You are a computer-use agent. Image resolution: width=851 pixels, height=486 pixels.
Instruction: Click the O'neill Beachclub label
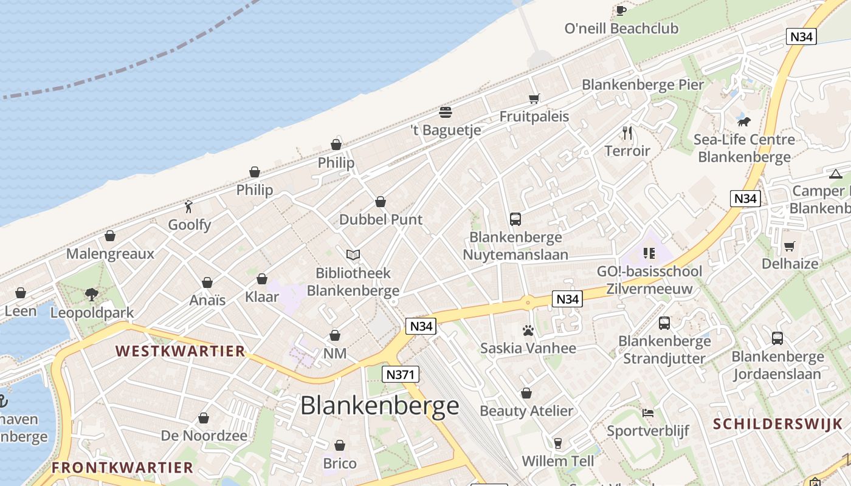click(x=621, y=29)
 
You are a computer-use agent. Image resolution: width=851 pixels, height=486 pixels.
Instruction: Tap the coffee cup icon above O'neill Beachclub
click(x=621, y=10)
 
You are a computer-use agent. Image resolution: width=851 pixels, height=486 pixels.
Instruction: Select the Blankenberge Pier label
click(x=643, y=84)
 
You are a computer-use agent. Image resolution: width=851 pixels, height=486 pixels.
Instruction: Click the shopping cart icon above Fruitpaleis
click(x=534, y=98)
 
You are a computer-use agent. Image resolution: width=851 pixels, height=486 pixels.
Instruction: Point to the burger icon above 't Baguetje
click(x=446, y=112)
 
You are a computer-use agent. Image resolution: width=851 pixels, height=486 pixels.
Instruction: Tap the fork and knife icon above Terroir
click(x=627, y=132)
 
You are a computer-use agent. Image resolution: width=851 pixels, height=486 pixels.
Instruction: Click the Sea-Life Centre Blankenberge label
click(x=744, y=148)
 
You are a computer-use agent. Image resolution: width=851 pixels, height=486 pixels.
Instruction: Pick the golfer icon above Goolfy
click(x=189, y=207)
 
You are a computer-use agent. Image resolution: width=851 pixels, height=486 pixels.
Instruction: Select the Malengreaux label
click(x=110, y=253)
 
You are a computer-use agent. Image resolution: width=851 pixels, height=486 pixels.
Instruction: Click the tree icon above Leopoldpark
click(x=92, y=295)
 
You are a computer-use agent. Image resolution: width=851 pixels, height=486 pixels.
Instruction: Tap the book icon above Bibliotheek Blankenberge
click(x=353, y=255)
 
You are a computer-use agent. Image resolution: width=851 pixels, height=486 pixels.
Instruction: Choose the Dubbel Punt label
click(x=381, y=219)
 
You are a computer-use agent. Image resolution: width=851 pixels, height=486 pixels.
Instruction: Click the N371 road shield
click(x=401, y=374)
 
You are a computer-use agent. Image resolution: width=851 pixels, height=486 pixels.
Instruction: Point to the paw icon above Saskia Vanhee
click(x=528, y=330)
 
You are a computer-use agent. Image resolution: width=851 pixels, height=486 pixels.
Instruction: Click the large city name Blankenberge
click(x=380, y=406)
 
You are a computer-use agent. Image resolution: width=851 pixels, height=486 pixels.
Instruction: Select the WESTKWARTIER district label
click(x=180, y=351)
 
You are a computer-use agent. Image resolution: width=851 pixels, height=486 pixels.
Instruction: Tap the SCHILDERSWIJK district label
click(x=777, y=424)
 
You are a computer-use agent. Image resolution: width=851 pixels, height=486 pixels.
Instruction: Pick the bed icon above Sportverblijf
click(x=648, y=413)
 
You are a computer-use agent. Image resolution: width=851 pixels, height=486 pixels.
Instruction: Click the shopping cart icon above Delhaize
click(x=790, y=246)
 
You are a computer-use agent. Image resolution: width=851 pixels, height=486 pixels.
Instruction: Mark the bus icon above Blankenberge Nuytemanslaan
click(x=515, y=219)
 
